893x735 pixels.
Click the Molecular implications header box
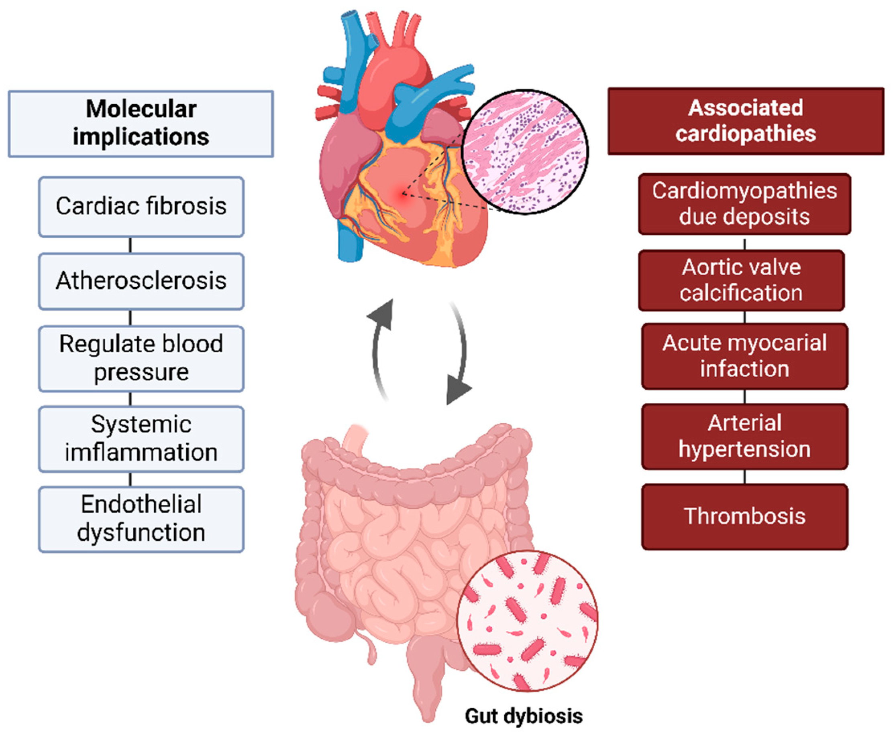click(141, 124)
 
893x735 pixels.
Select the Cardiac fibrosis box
click(141, 207)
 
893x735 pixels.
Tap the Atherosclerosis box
click(141, 281)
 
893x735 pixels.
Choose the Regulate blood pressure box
click(141, 358)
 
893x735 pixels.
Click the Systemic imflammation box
click(141, 439)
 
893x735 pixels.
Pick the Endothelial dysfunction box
click(141, 519)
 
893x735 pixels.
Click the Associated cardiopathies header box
click(745, 121)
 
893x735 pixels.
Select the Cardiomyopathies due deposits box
click(744, 204)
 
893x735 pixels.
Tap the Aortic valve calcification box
click(741, 280)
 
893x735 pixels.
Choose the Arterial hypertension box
click(744, 436)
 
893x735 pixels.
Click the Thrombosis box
click(744, 516)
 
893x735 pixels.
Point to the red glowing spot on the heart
click(402, 194)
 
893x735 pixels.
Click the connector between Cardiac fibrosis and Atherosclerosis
click(130, 245)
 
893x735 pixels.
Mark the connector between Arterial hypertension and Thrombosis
click(744, 477)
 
